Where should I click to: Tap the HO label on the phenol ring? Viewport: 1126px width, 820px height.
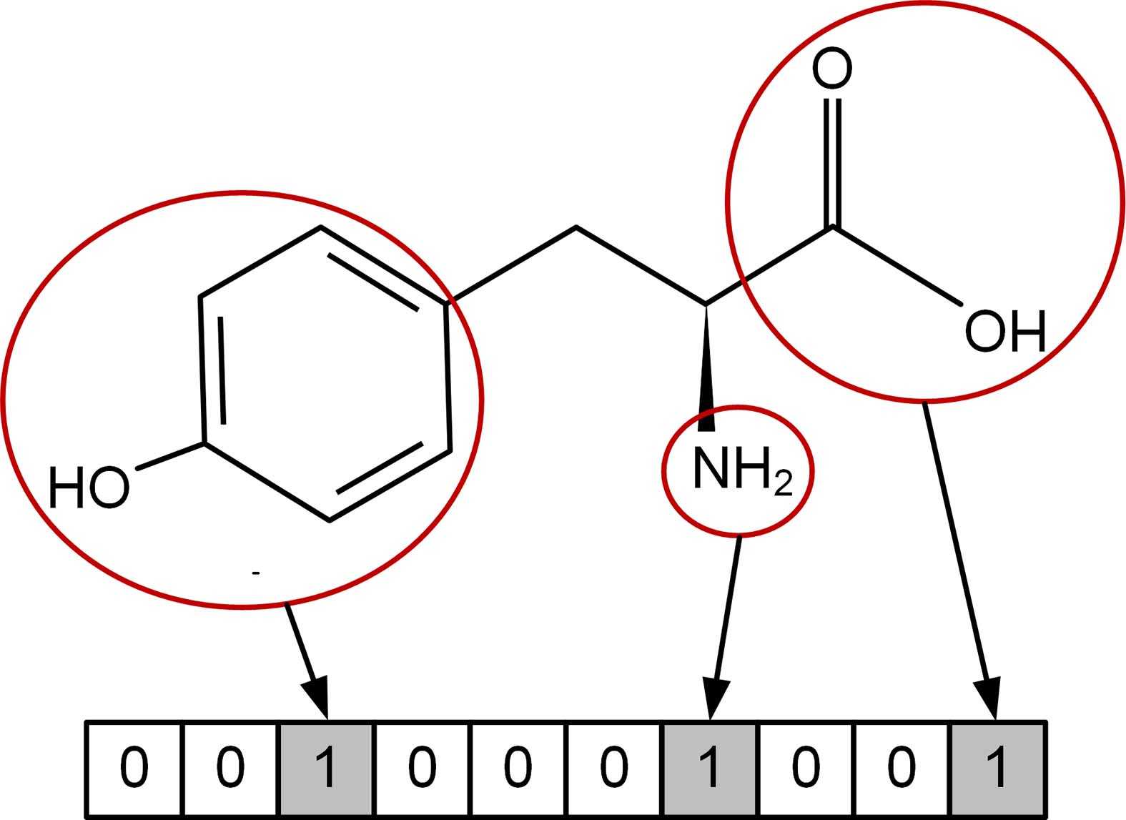[89, 488]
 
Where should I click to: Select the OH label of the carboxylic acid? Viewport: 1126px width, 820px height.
[1004, 332]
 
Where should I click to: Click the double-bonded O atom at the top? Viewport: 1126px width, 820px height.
[832, 69]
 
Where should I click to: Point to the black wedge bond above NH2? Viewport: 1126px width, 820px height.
[706, 372]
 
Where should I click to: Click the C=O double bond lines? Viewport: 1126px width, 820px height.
[832, 161]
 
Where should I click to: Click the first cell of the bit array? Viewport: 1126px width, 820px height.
[134, 769]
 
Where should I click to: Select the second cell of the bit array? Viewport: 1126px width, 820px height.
[230, 769]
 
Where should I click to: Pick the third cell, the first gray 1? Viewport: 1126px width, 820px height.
[326, 769]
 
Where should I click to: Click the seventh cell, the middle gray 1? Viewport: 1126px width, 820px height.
[710, 769]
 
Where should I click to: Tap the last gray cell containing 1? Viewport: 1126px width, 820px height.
[999, 769]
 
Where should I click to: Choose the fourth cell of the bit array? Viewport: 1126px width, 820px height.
[423, 769]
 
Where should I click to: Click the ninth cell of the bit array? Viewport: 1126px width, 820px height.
[902, 769]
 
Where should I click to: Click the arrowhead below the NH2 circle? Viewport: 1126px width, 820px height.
[714, 698]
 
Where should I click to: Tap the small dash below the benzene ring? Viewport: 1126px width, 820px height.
[256, 572]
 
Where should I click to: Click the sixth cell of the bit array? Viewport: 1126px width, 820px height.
[614, 769]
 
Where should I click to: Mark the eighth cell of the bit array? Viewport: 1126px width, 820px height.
[806, 769]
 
